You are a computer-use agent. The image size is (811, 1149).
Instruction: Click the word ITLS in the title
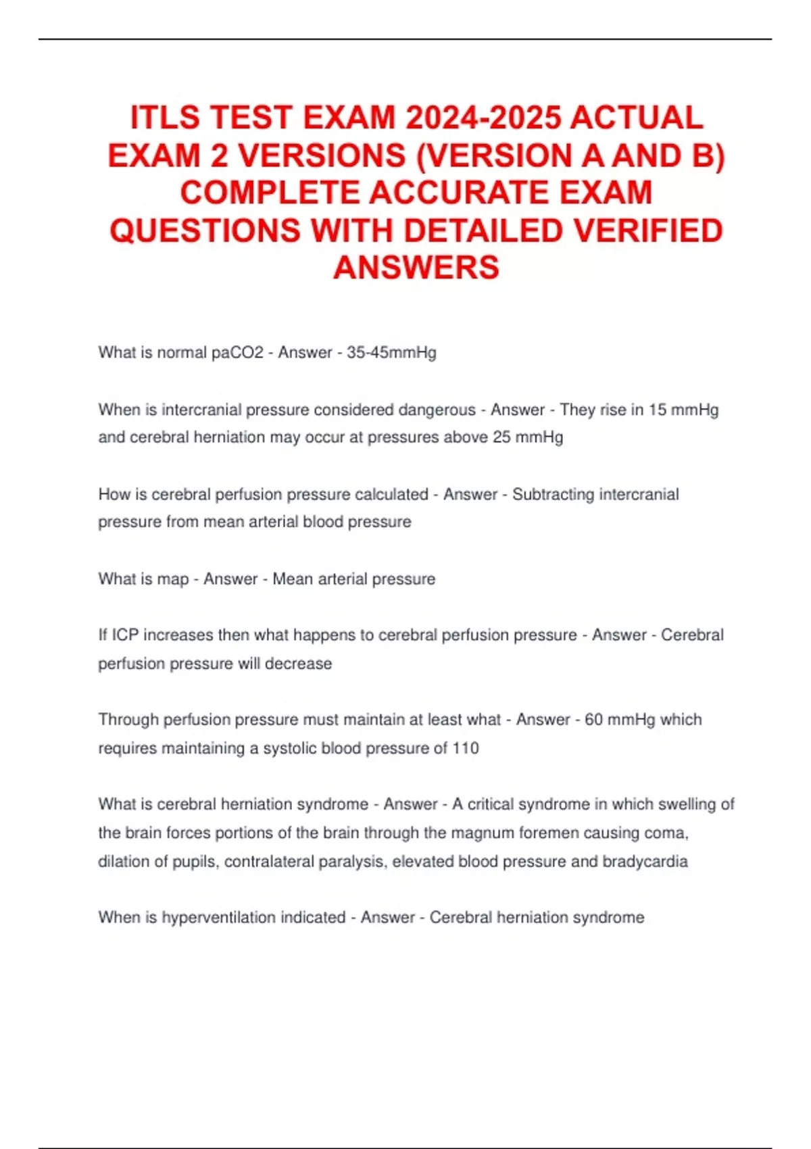165,118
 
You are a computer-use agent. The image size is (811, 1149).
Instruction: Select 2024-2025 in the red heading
483,118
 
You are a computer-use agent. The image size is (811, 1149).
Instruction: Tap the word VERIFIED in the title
648,230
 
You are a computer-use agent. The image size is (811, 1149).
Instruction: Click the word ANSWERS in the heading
416,268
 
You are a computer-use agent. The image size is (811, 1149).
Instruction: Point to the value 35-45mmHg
391,353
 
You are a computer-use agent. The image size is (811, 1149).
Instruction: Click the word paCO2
237,353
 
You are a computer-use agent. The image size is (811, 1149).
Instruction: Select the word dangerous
437,410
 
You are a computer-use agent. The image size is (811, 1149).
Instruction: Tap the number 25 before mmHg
501,437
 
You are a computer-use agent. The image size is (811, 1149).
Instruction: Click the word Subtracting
553,494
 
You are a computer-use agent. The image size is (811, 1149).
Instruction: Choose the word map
173,579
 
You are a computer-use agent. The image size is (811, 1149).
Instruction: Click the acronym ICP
125,635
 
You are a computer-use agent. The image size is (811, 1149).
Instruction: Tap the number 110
465,748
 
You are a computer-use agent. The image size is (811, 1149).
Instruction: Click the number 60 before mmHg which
593,720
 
